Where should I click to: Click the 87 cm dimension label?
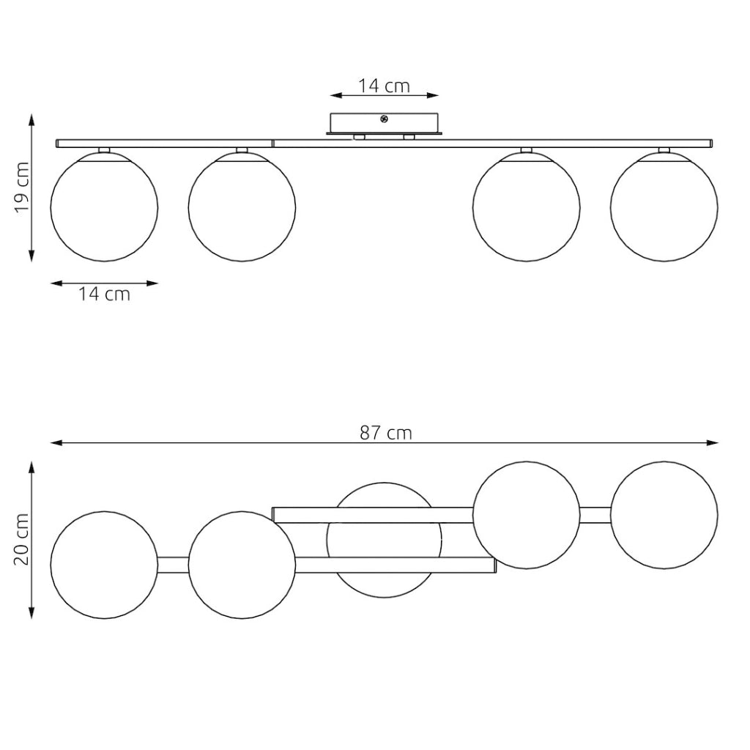[385, 433]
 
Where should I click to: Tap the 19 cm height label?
[22, 187]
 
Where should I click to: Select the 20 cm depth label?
[22, 540]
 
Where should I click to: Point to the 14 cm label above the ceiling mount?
[384, 86]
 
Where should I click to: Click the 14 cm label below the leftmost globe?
[104, 294]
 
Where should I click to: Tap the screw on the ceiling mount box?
[384, 119]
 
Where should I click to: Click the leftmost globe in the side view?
[104, 207]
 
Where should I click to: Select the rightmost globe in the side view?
[664, 207]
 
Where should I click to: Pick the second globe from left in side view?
[242, 207]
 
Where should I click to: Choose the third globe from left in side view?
[526, 207]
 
